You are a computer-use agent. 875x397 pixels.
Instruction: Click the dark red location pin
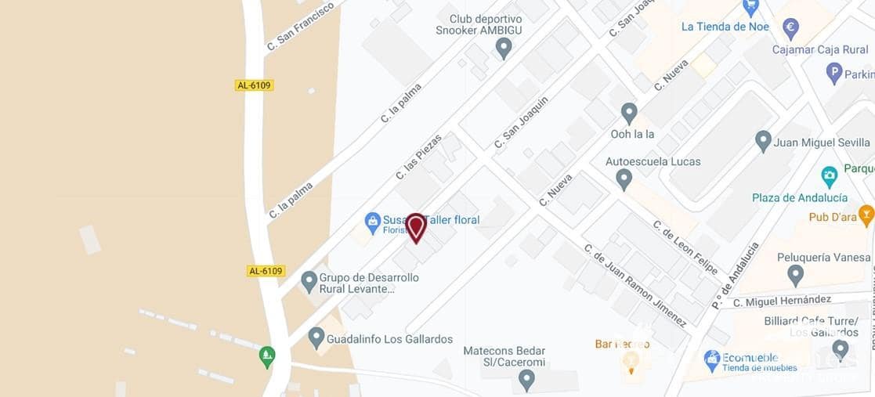[416, 227]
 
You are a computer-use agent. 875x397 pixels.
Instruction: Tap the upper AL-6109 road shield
[254, 85]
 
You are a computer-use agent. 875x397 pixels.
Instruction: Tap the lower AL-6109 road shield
[266, 271]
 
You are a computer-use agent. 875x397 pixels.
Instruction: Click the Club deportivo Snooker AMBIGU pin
[504, 49]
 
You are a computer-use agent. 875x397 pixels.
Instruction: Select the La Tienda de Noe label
[725, 27]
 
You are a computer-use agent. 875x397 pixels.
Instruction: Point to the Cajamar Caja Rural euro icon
[790, 28]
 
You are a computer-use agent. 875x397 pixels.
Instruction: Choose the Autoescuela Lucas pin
[624, 179]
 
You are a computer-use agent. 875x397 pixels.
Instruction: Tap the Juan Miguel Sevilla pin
[763, 142]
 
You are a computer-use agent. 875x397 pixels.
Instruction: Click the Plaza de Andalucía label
[800, 197]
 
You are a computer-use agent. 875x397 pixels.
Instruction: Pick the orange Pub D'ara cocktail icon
[866, 214]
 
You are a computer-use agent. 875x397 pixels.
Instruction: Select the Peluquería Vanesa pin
[796, 275]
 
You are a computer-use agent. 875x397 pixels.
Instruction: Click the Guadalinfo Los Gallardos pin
[316, 338]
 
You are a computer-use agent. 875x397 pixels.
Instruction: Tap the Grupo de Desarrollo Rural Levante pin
[309, 280]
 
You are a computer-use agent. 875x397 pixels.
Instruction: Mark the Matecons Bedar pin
[526, 381]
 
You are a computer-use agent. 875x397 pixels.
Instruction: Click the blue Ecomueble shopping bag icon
[712, 360]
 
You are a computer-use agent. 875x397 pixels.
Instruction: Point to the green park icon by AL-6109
[267, 357]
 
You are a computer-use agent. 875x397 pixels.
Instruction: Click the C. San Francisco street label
[300, 27]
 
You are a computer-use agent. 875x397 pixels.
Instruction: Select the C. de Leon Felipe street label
[685, 247]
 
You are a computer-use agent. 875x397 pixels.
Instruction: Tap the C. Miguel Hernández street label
[782, 300]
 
